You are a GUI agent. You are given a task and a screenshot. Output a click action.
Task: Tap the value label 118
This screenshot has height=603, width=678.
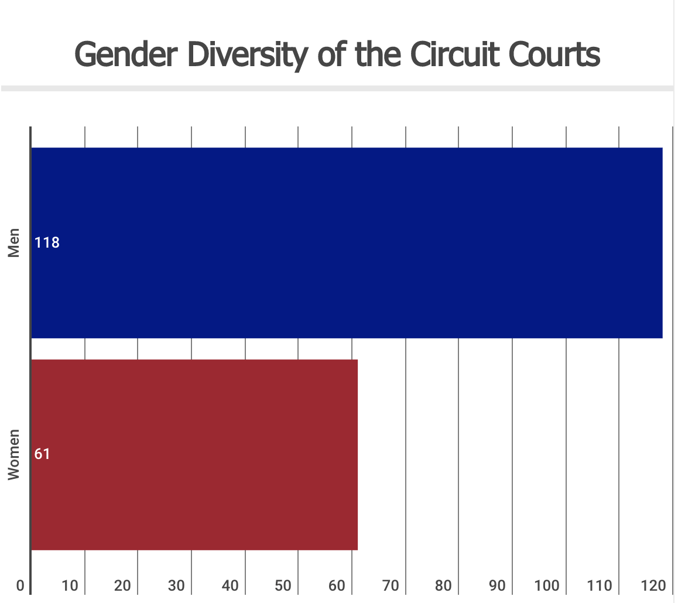pyautogui.click(x=47, y=242)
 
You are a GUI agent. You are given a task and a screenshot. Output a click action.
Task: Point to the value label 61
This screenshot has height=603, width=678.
pyautogui.click(x=42, y=454)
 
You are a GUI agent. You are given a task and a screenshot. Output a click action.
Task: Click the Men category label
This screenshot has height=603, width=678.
pyautogui.click(x=14, y=242)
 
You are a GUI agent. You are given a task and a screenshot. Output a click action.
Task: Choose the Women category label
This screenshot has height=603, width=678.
pyautogui.click(x=14, y=454)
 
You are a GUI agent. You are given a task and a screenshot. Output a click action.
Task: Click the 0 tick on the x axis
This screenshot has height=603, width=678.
pyautogui.click(x=20, y=585)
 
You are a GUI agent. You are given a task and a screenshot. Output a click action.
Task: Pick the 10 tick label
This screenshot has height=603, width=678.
pyautogui.click(x=70, y=585)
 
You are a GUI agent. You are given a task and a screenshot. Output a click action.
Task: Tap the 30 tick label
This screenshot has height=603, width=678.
pyautogui.click(x=177, y=585)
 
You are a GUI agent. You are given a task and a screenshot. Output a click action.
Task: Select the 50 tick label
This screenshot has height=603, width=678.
pyautogui.click(x=283, y=585)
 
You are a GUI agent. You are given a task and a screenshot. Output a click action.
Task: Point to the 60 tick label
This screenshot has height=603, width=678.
pyautogui.click(x=337, y=585)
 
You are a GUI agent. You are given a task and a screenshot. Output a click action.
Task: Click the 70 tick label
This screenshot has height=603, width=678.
pyautogui.click(x=391, y=585)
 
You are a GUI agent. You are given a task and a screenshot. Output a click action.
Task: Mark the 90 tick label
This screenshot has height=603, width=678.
pyautogui.click(x=498, y=585)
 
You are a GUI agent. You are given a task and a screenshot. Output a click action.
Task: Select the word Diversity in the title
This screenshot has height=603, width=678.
pyautogui.click(x=246, y=56)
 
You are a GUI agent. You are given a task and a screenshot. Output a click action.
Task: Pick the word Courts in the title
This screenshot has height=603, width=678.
pyautogui.click(x=554, y=54)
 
